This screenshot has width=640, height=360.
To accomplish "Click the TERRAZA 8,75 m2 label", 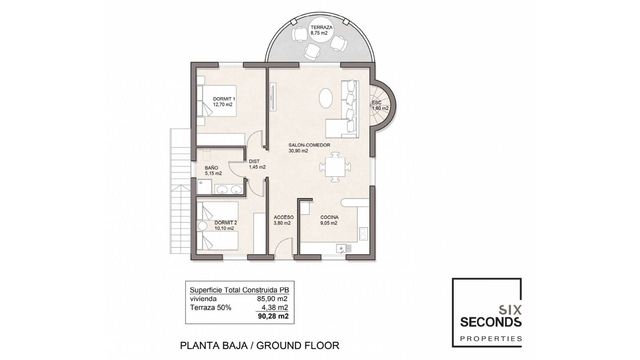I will pyautogui.click(x=321, y=30).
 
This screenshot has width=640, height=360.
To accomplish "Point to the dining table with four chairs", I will pyautogui.click(x=335, y=167).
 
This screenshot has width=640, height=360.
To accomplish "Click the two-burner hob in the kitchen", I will pyautogui.click(x=363, y=233).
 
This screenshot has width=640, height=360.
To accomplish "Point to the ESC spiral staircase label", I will pyautogui.click(x=377, y=103).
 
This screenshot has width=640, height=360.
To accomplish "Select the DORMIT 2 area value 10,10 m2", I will pyautogui.click(x=224, y=228).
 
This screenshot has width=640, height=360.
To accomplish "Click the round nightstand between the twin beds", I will pyautogui.click(x=202, y=226).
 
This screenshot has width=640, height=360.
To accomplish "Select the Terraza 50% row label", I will pyautogui.click(x=210, y=308).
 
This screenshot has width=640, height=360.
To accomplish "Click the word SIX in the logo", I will pyautogui.click(x=510, y=310).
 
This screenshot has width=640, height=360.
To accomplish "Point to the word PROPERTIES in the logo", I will pyautogui.click(x=491, y=339).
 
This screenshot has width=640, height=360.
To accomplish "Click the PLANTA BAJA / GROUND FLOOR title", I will pyautogui.click(x=259, y=345).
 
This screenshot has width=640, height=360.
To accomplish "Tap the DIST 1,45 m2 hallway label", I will pyautogui.click(x=257, y=164).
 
